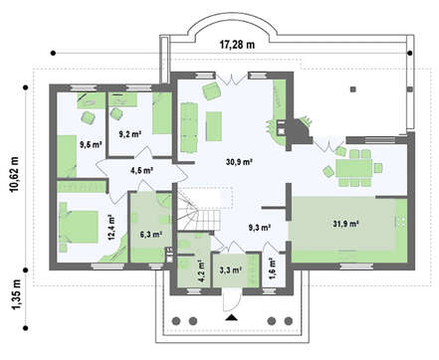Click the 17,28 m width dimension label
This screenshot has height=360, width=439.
coord(237,45)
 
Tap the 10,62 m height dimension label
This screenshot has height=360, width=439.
coord(15,174)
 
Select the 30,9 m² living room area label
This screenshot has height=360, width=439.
coord(240,162)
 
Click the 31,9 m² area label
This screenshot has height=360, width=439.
coord(345,224)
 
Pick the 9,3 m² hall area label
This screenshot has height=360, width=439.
coord(260,228)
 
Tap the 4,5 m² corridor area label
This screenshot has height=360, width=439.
coord(141,171)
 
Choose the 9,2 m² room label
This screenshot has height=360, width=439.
coord(130,134)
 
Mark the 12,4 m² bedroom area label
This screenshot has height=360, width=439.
coord(110,227)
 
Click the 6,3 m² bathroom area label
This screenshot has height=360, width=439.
coord(150,235)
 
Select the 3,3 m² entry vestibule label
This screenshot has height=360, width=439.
coord(230,270)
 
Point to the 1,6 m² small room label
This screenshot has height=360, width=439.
coord(273,269)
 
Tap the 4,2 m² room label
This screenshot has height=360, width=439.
coord(201,270)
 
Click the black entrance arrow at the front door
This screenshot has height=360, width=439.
coord(232,318)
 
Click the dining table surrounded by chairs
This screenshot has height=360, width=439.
coord(354,168)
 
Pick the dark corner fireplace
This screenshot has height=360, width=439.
coord(299,130)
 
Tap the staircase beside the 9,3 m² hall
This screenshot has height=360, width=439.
coord(199,209)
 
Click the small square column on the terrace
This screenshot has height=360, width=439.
coord(353,89)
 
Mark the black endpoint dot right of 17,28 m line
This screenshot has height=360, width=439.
coord(410,53)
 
